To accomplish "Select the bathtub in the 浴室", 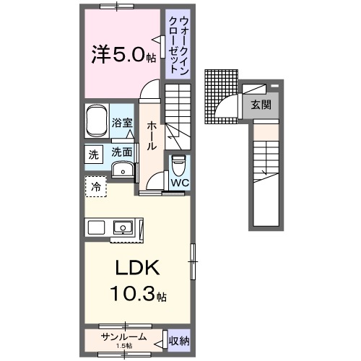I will coord(97,121).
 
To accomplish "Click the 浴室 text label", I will coord(122,123).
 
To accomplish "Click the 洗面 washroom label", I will coord(121,152).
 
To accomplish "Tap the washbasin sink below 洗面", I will coord(123,171).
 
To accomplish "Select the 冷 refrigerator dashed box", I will coord(95,187).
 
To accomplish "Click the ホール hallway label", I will coord(152,136).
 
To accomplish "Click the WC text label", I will coord(179,183).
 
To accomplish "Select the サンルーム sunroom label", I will coord(123,337).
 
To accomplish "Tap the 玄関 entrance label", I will coord(261,104).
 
